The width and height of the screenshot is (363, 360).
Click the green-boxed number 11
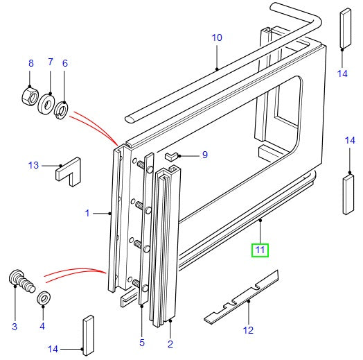pos(259,248)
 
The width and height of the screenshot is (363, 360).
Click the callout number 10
pos(217,37)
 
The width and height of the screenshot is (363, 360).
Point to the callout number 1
pos(87,214)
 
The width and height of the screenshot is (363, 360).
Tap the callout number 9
pos(204,155)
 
